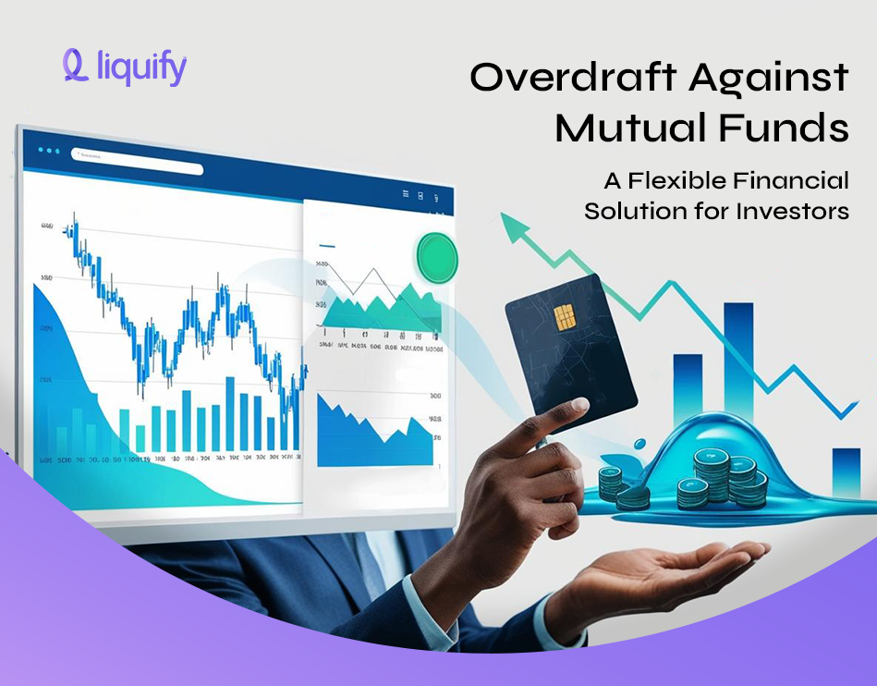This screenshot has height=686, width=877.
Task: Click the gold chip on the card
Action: (566, 318)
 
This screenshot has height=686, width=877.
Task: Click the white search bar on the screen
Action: (138, 168)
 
